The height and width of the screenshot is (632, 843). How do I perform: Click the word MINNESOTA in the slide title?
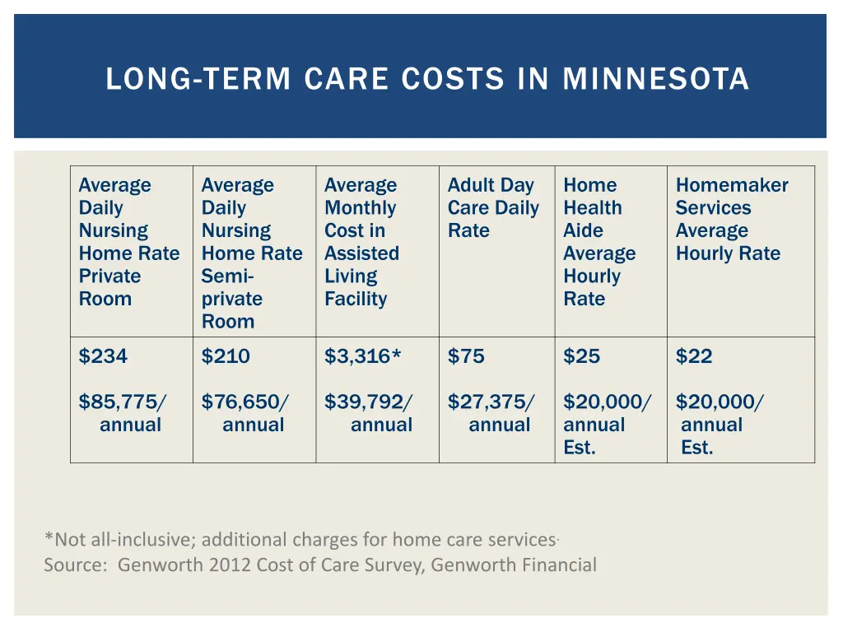pyautogui.click(x=655, y=79)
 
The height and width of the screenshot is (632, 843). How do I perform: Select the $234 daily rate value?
pyautogui.click(x=103, y=356)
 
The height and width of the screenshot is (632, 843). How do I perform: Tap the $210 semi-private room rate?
pyautogui.click(x=226, y=356)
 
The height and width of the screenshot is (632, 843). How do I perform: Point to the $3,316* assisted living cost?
pyautogui.click(x=362, y=356)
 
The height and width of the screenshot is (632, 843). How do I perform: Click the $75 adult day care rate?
pyautogui.click(x=466, y=356)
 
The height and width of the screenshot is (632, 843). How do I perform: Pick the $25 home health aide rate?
pyautogui.click(x=581, y=356)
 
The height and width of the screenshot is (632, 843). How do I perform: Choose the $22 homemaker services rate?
pyautogui.click(x=694, y=356)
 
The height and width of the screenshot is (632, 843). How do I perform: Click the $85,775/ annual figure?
pyautogui.click(x=122, y=402)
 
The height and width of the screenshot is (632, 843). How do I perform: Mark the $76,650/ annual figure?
pyautogui.click(x=245, y=402)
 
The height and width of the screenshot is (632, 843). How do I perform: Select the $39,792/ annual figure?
pyautogui.click(x=368, y=402)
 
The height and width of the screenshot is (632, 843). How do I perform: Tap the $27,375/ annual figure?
pyautogui.click(x=491, y=402)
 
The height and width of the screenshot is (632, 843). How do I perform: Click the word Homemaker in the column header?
pyautogui.click(x=731, y=185)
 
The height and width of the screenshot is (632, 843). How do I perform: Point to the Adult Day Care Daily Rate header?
pyautogui.click(x=492, y=207)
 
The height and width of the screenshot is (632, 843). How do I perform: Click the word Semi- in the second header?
pyautogui.click(x=227, y=276)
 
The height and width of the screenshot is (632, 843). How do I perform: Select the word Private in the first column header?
pyautogui.click(x=109, y=276)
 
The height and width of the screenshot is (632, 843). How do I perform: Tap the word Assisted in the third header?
pyautogui.click(x=361, y=253)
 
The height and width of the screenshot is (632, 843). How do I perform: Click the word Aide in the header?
pyautogui.click(x=583, y=230)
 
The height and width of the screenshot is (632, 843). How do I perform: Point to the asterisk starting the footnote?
pyautogui.click(x=49, y=539)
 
